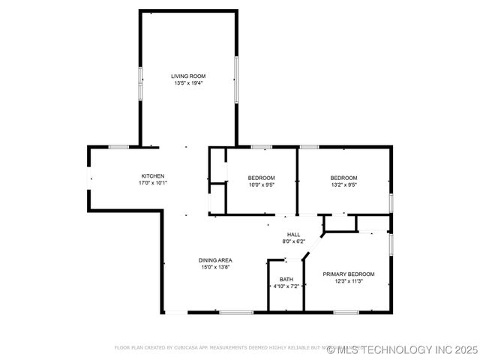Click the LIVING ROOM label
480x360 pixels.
188,76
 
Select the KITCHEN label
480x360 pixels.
153,176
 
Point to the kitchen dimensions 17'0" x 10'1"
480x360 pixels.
153,183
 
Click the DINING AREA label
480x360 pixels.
215,260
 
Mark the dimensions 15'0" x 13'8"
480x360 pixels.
215,267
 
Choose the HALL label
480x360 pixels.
293,235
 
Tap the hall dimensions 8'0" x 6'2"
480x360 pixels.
293,241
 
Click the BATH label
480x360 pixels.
286,280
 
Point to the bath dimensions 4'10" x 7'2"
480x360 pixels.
286,286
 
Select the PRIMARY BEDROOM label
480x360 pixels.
349,274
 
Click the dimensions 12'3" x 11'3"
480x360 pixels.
349,281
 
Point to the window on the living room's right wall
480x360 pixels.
237,79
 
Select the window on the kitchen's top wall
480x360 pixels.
119,147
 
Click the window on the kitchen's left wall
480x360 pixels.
89,177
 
